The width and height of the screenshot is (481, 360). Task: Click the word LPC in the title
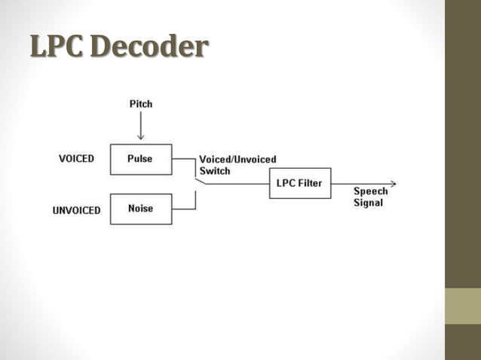pyautogui.click(x=56, y=47)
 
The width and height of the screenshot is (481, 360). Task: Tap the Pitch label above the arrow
pyautogui.click(x=140, y=103)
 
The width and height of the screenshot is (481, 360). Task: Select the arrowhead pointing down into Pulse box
pyautogui.click(x=140, y=136)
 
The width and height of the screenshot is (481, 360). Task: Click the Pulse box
pyautogui.click(x=140, y=159)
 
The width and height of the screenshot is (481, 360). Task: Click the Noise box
pyautogui.click(x=140, y=209)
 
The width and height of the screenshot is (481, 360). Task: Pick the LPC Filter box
pyautogui.click(x=299, y=183)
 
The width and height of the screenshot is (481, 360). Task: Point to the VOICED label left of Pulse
pyautogui.click(x=76, y=159)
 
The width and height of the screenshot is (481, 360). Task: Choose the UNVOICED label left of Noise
pyautogui.click(x=76, y=210)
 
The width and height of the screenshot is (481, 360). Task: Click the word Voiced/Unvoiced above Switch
pyautogui.click(x=237, y=160)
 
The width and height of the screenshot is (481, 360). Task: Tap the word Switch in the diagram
pyautogui.click(x=215, y=171)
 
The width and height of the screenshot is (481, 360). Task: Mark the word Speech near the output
pyautogui.click(x=370, y=191)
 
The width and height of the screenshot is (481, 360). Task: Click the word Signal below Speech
pyautogui.click(x=368, y=203)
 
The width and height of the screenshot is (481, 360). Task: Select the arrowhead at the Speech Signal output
pyautogui.click(x=392, y=183)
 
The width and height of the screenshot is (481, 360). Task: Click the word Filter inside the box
pyautogui.click(x=311, y=183)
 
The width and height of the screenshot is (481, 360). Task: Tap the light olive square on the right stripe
pyautogui.click(x=463, y=306)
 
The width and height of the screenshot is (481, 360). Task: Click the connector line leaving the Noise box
pyautogui.click(x=185, y=209)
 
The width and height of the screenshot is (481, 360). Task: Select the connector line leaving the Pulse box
pyautogui.click(x=184, y=159)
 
